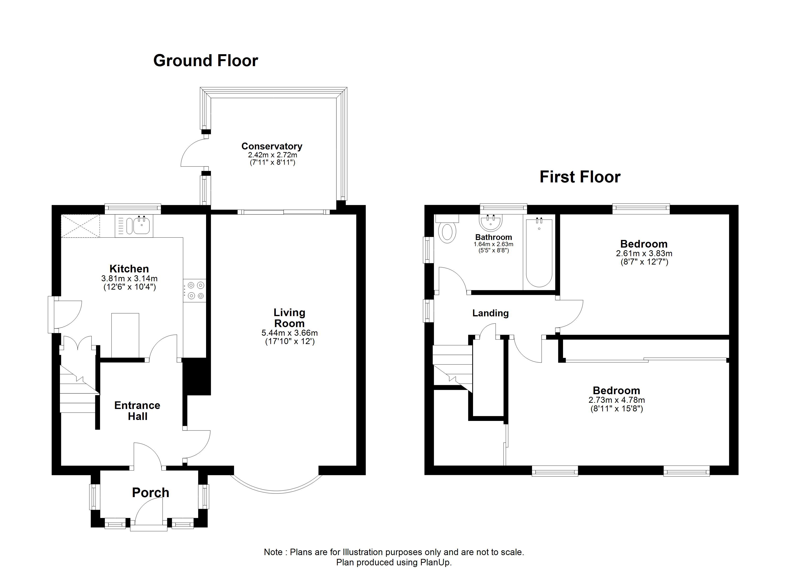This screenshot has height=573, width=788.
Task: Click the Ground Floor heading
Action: [206, 61]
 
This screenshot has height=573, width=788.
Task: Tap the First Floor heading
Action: [580, 177]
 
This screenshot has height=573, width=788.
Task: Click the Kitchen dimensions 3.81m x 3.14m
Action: [129, 278]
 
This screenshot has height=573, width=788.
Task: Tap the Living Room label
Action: [289, 318]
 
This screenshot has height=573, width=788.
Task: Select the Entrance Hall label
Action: [137, 411]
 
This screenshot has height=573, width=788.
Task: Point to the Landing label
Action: [490, 313]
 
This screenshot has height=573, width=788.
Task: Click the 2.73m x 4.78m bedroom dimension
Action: [617, 400]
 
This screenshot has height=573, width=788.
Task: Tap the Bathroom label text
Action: [493, 237]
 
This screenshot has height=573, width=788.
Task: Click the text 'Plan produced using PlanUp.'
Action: [394, 562]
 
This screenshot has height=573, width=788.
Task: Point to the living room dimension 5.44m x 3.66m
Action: [289, 333]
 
